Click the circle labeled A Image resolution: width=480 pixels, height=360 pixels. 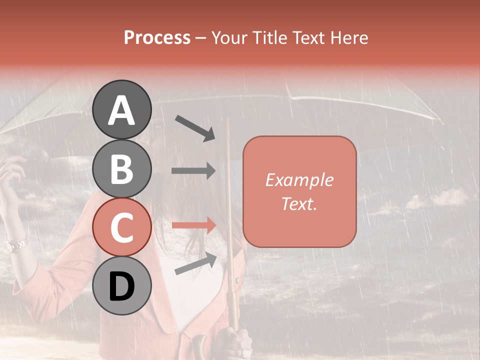tap(122, 109)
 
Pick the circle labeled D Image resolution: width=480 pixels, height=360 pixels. tap(122, 285)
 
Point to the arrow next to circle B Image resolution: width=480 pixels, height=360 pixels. tap(193, 171)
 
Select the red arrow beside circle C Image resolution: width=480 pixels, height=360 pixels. tap(193, 225)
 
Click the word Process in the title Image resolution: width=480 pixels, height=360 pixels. tap(157, 37)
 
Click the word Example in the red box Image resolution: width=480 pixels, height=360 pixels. tap(299, 180)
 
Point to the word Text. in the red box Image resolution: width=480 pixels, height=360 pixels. tap(299, 204)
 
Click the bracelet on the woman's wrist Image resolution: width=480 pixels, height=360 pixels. tap(17, 245)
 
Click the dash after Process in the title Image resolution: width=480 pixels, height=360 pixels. tap(200, 38)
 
